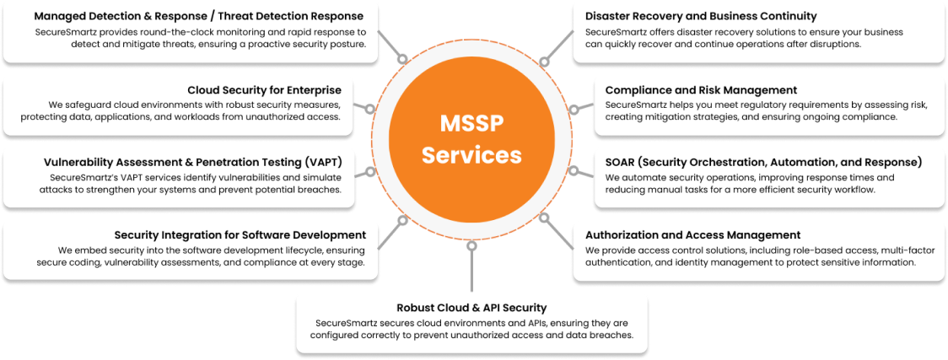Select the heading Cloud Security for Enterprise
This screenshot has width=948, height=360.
pos(264,89)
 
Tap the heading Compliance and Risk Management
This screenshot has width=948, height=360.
pos(701,89)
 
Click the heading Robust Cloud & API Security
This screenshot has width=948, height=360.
pos(471,308)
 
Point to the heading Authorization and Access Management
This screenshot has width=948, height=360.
pos(692,234)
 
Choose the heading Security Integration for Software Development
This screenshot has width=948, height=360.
pos(240,234)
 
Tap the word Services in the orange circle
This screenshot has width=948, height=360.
pos(471,155)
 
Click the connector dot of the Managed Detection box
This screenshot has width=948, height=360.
pos(403,59)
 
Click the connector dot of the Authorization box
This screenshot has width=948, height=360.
pos(542,223)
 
